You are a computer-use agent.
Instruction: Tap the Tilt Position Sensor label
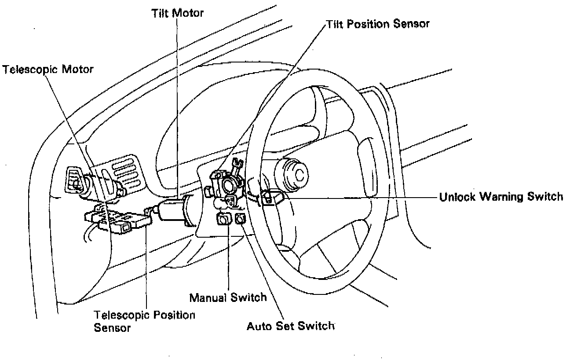point(378,24)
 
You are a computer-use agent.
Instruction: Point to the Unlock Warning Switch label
point(501,197)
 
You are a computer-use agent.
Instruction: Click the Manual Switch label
point(228,298)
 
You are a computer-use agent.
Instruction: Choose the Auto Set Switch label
point(290,327)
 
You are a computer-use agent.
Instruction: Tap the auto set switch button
point(241,219)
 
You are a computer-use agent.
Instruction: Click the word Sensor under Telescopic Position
point(112,328)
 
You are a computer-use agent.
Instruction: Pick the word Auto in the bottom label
point(259,327)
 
